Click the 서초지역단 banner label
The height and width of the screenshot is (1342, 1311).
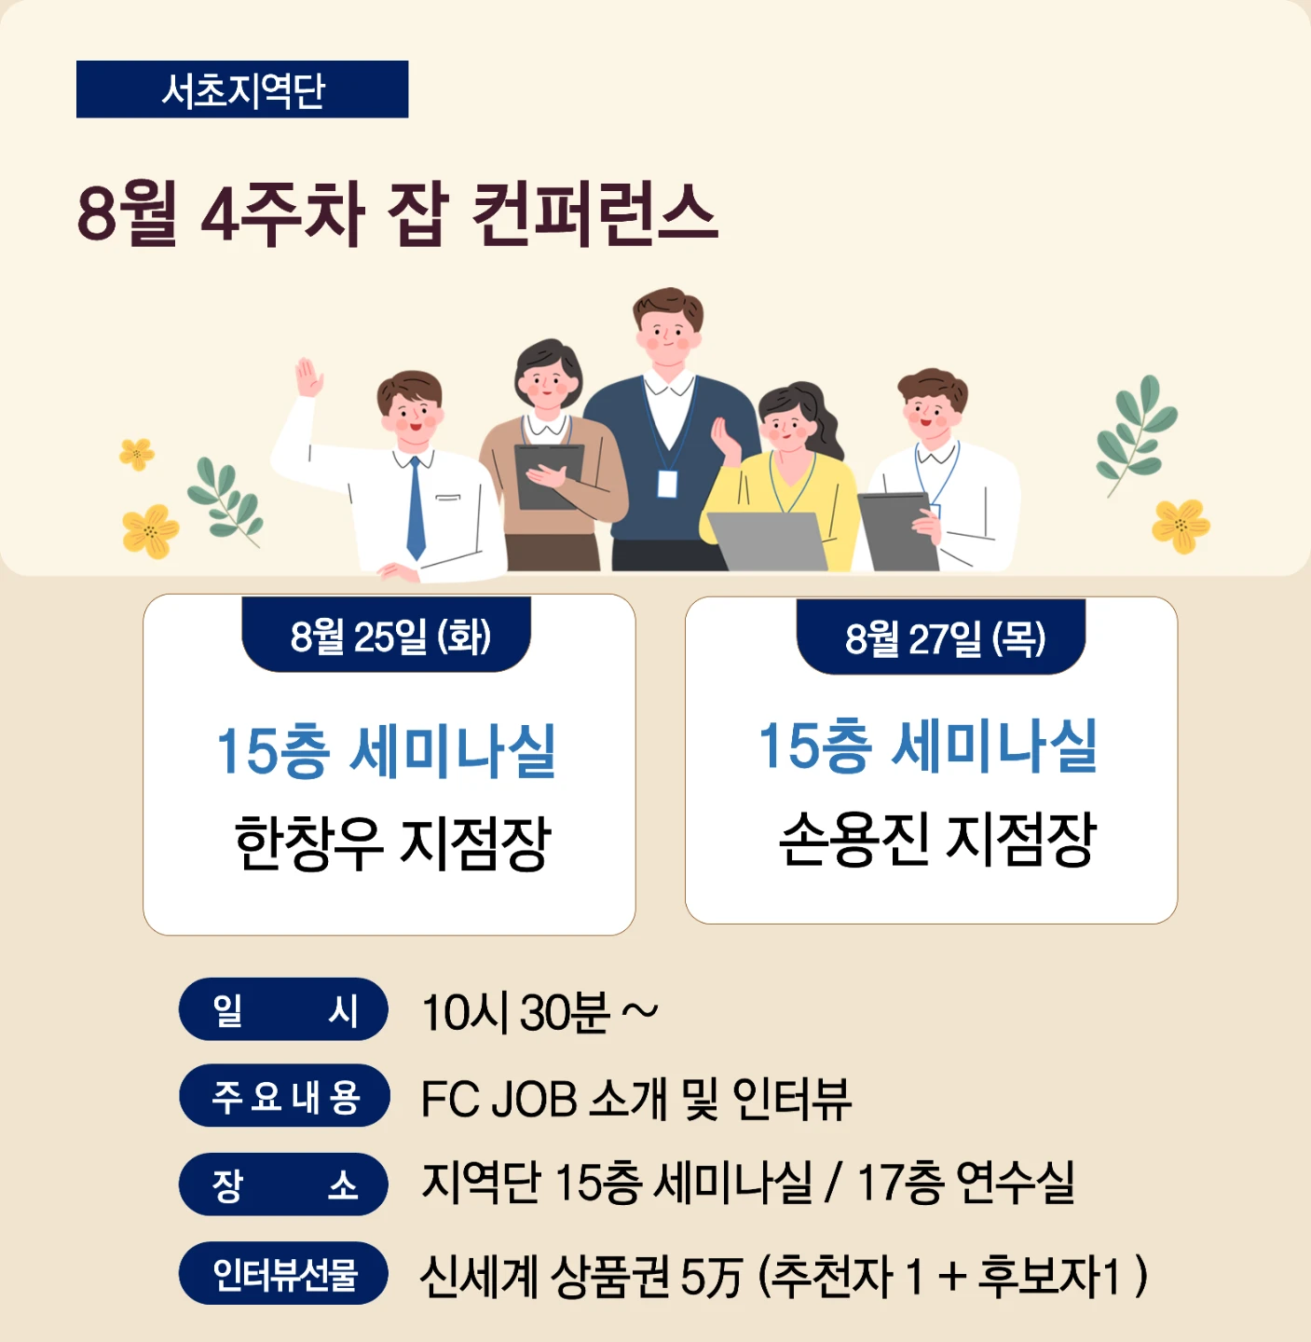pos(242,89)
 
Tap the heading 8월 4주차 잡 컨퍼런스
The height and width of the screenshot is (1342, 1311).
pos(397,212)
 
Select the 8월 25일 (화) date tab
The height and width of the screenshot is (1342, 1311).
pos(386,636)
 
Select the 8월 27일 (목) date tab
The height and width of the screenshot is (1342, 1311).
pos(941,637)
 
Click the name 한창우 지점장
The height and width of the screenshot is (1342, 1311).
pos(392,842)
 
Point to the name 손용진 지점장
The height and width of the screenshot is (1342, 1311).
pos(937,839)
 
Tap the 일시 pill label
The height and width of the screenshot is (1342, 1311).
pos(283,1009)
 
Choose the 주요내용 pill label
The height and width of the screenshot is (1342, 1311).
pos(284,1097)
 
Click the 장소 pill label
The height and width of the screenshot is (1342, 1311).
pos(283,1185)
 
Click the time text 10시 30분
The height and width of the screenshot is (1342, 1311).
pos(516,1013)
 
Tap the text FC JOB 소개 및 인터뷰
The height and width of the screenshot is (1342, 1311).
pos(635,1099)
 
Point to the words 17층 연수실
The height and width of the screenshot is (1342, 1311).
pos(965,1183)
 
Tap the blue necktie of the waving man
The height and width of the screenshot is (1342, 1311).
pos(416,508)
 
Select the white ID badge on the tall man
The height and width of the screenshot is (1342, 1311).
pos(667,484)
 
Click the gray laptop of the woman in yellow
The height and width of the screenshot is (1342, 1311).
pos(767,541)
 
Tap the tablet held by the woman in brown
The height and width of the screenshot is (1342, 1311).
pos(548,476)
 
